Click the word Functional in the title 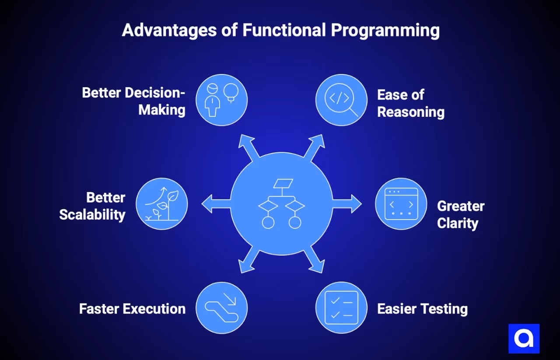[284, 30]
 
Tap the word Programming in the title [385, 31]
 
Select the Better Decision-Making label [133, 101]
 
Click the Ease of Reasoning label [411, 103]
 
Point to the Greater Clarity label [461, 214]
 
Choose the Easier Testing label [422, 309]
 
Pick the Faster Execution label [132, 309]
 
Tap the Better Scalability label [92, 206]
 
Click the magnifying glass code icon [341, 100]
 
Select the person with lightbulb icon [221, 100]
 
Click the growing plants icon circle [162, 204]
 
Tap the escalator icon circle [221, 308]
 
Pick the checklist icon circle [341, 308]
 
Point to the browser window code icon [401, 204]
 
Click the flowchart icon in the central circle [281, 204]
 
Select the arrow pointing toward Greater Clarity [347, 204]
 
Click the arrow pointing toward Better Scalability [216, 204]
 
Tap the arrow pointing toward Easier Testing [314, 259]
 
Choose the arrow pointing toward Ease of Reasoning [314, 148]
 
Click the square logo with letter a [524, 339]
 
